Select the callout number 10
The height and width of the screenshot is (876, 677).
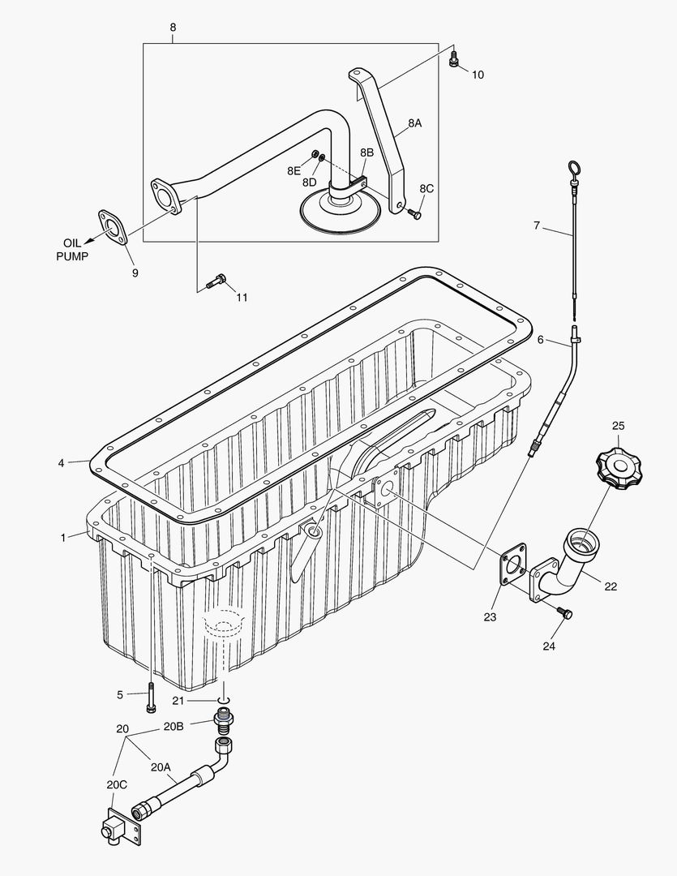(478, 75)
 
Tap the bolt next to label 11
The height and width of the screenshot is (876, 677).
(215, 282)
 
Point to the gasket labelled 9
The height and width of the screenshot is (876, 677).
(113, 226)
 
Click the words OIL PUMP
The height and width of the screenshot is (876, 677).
(73, 249)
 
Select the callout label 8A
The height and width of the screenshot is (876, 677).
(414, 123)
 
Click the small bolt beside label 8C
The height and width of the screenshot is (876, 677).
(415, 214)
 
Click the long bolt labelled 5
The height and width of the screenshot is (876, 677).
(151, 699)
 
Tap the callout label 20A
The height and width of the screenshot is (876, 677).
(161, 766)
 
